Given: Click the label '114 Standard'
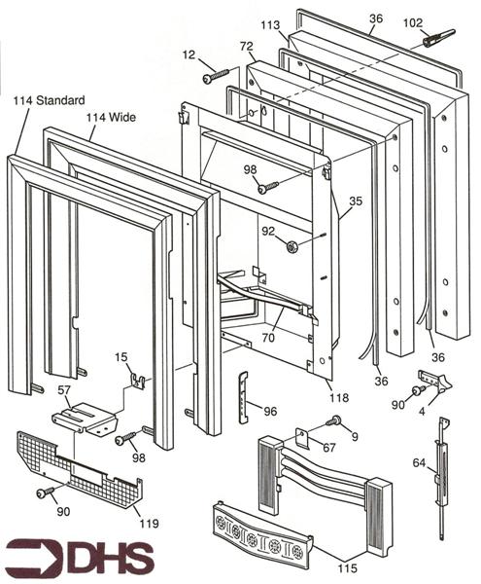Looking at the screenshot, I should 49,100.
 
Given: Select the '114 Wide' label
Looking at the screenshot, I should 110,119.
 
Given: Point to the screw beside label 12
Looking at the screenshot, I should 216,72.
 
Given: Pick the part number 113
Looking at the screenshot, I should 270,25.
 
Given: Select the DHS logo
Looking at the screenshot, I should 80,556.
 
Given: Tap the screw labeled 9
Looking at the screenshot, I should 335,420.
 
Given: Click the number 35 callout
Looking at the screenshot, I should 356,201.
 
